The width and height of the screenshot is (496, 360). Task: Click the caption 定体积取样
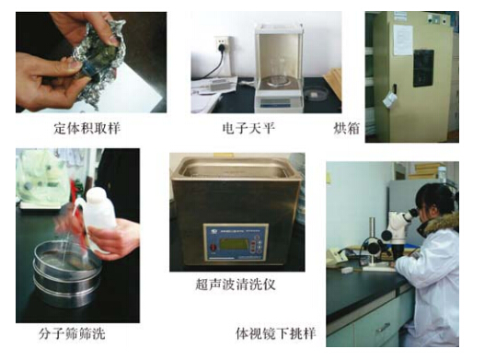[87, 129]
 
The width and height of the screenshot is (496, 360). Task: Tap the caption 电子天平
[248, 129]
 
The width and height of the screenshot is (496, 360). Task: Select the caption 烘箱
[346, 129]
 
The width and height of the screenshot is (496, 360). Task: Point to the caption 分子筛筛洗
[72, 333]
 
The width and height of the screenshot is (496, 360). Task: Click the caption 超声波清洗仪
[236, 285]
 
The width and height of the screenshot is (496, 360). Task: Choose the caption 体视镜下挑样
[275, 333]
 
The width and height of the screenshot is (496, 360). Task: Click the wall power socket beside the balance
[223, 45]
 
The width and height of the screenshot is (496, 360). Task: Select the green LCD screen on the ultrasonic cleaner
[234, 244]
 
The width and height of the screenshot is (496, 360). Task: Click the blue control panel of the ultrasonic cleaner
[236, 242]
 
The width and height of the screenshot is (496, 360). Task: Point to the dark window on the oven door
[423, 68]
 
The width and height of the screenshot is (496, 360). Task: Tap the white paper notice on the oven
[403, 40]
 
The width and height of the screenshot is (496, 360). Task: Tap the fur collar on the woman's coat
[442, 224]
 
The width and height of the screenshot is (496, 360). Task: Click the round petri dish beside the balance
[317, 94]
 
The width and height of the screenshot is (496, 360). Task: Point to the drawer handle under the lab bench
[382, 328]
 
